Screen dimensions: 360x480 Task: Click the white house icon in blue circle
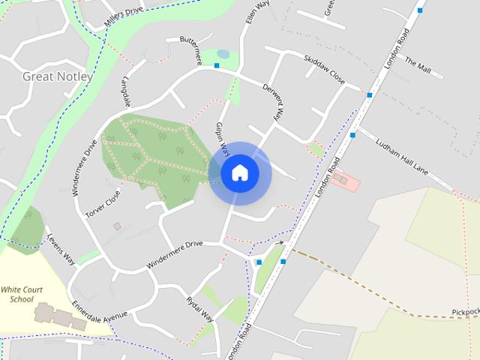(x=239, y=172)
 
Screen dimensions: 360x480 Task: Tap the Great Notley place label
(x=58, y=76)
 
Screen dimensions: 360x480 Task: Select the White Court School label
(x=17, y=294)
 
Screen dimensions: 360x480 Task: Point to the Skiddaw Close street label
(x=324, y=68)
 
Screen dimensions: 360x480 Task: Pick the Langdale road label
(x=126, y=90)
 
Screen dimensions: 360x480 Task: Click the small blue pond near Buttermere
(x=223, y=55)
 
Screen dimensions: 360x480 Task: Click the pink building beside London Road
(x=343, y=179)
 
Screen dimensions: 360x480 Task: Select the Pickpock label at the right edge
(x=465, y=311)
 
